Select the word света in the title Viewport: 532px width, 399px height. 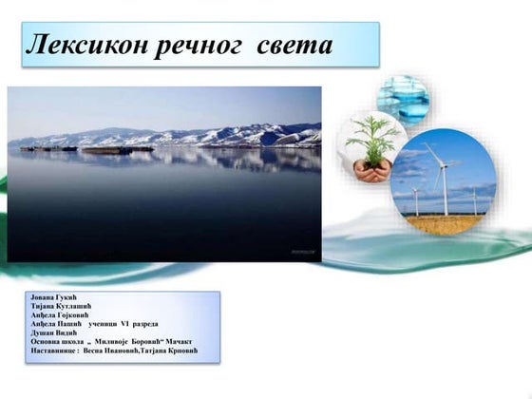point(294,45)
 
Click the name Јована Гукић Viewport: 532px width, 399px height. point(52,297)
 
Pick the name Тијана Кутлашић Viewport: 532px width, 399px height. point(61,306)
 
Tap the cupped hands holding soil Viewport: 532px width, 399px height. point(370,170)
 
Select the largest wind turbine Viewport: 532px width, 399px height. point(443,176)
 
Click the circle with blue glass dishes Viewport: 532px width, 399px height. point(402,98)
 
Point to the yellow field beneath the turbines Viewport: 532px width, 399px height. point(443,224)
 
